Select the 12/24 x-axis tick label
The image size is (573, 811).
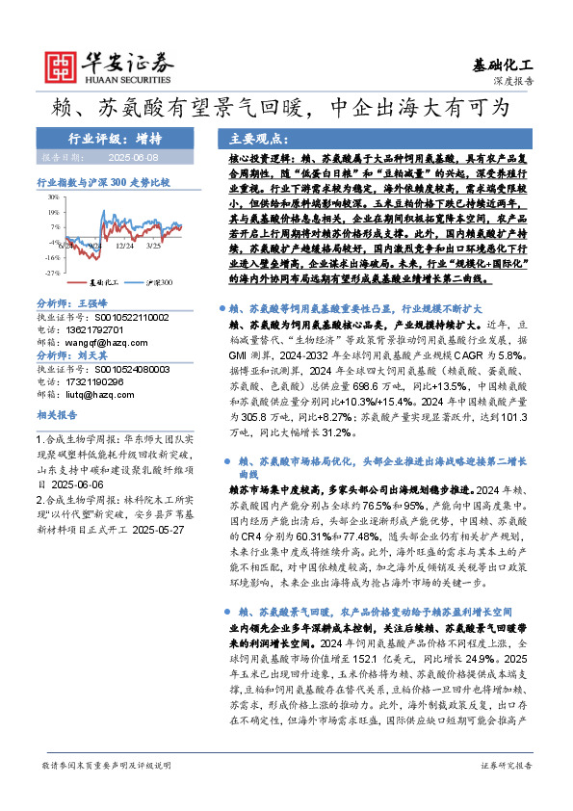tap(124, 247)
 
